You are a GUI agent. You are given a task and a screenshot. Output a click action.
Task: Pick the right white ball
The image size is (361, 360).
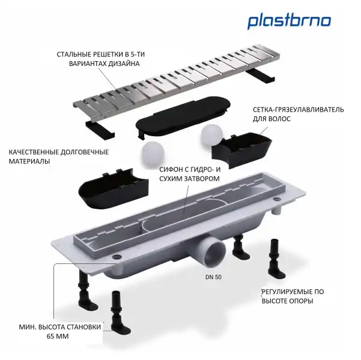(212, 136)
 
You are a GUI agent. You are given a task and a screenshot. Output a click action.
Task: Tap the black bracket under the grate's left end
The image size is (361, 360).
(96, 128)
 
